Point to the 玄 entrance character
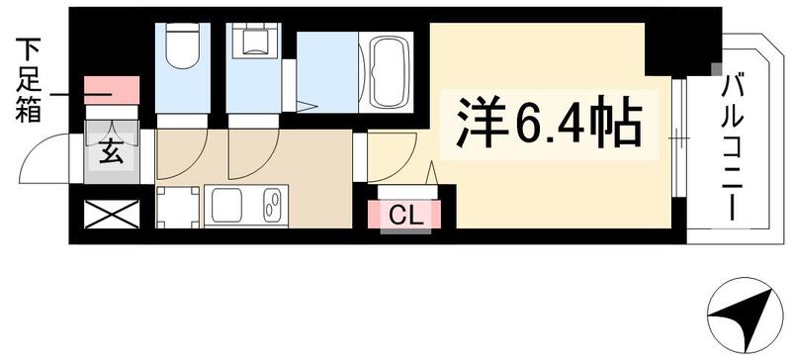pos(111,154)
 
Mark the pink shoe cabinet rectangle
pos(112,90)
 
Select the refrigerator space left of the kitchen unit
pos(177,206)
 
